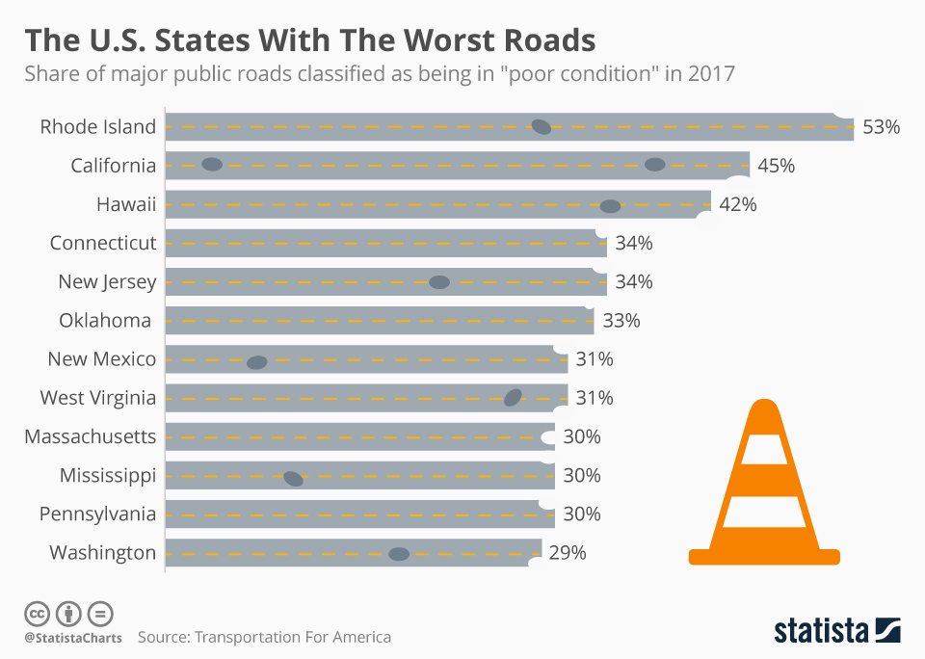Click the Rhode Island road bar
click(509, 127)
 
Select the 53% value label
click(882, 127)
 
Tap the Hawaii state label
click(126, 204)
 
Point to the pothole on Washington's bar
click(399, 554)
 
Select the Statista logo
click(837, 630)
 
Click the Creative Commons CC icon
click(37, 614)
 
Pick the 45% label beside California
click(777, 166)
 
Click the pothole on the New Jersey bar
click(439, 282)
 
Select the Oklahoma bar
click(380, 321)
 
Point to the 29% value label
click(568, 553)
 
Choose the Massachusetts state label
click(91, 436)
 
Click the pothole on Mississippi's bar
click(293, 479)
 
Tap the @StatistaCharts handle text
click(73, 638)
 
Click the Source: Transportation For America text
click(264, 637)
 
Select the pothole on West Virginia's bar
click(513, 398)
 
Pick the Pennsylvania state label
click(98, 514)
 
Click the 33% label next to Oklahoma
click(621, 321)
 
